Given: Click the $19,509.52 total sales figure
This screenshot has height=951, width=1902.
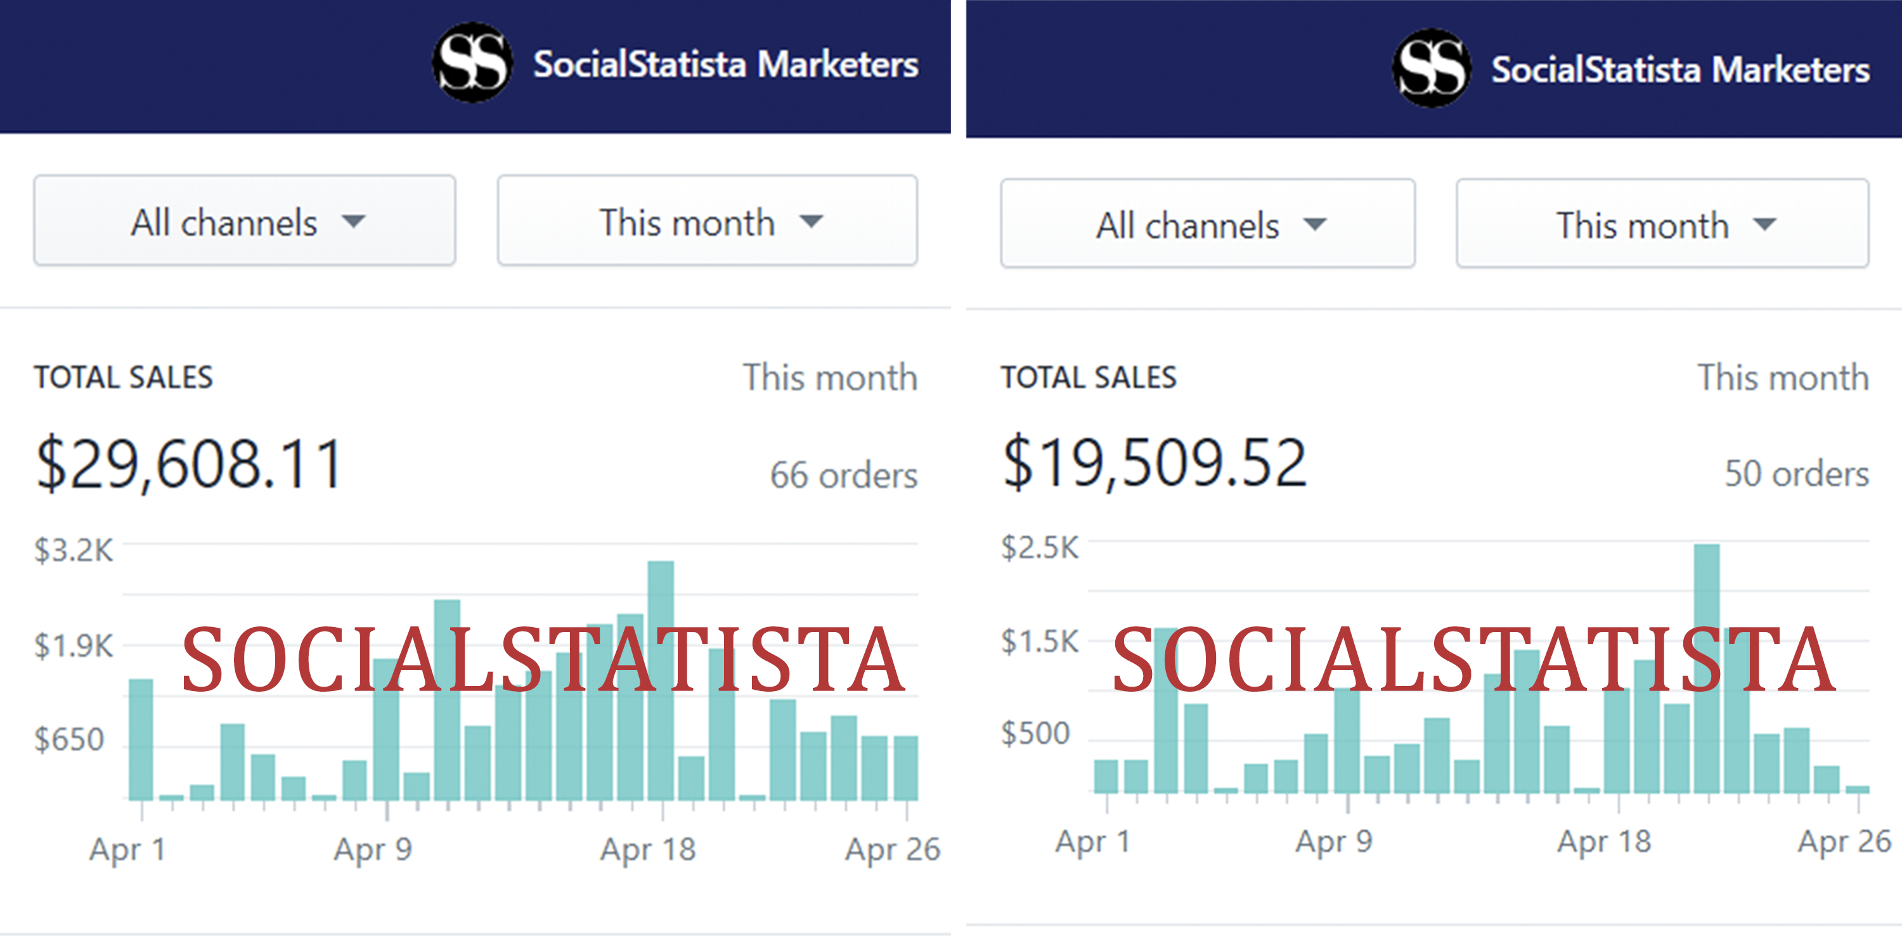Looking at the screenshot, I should pos(1155,462).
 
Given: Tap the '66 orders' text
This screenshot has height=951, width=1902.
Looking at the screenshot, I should pos(843,475).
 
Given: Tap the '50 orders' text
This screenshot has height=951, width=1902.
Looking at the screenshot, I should pos(1795,474).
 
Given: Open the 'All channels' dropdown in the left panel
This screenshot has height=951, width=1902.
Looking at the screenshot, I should pos(244,221).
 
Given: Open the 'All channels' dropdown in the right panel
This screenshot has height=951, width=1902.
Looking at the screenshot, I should pos(1207,224).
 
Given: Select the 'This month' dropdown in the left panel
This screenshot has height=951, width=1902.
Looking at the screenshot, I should pos(708,221).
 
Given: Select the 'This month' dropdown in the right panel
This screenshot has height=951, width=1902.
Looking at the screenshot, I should pos(1662,224).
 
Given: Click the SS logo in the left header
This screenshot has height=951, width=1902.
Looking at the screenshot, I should pos(472,63).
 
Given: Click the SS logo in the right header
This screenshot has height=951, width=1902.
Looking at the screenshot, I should pos(1431,68).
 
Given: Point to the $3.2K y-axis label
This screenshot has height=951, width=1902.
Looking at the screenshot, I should pos(73,551).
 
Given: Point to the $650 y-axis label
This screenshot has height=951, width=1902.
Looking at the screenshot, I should pos(68,739).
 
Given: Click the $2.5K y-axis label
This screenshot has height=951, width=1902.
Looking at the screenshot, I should pos(1039,548).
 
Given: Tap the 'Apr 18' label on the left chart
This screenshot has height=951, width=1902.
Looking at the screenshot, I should pos(647,849).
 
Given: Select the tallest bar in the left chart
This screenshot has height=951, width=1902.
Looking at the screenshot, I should pos(661,679).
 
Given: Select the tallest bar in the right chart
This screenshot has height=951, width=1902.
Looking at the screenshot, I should pos(1706,668).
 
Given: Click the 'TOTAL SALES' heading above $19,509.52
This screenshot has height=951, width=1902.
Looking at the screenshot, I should pos(1089,378).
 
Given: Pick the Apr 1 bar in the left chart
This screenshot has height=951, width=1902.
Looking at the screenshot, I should pos(141,739).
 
